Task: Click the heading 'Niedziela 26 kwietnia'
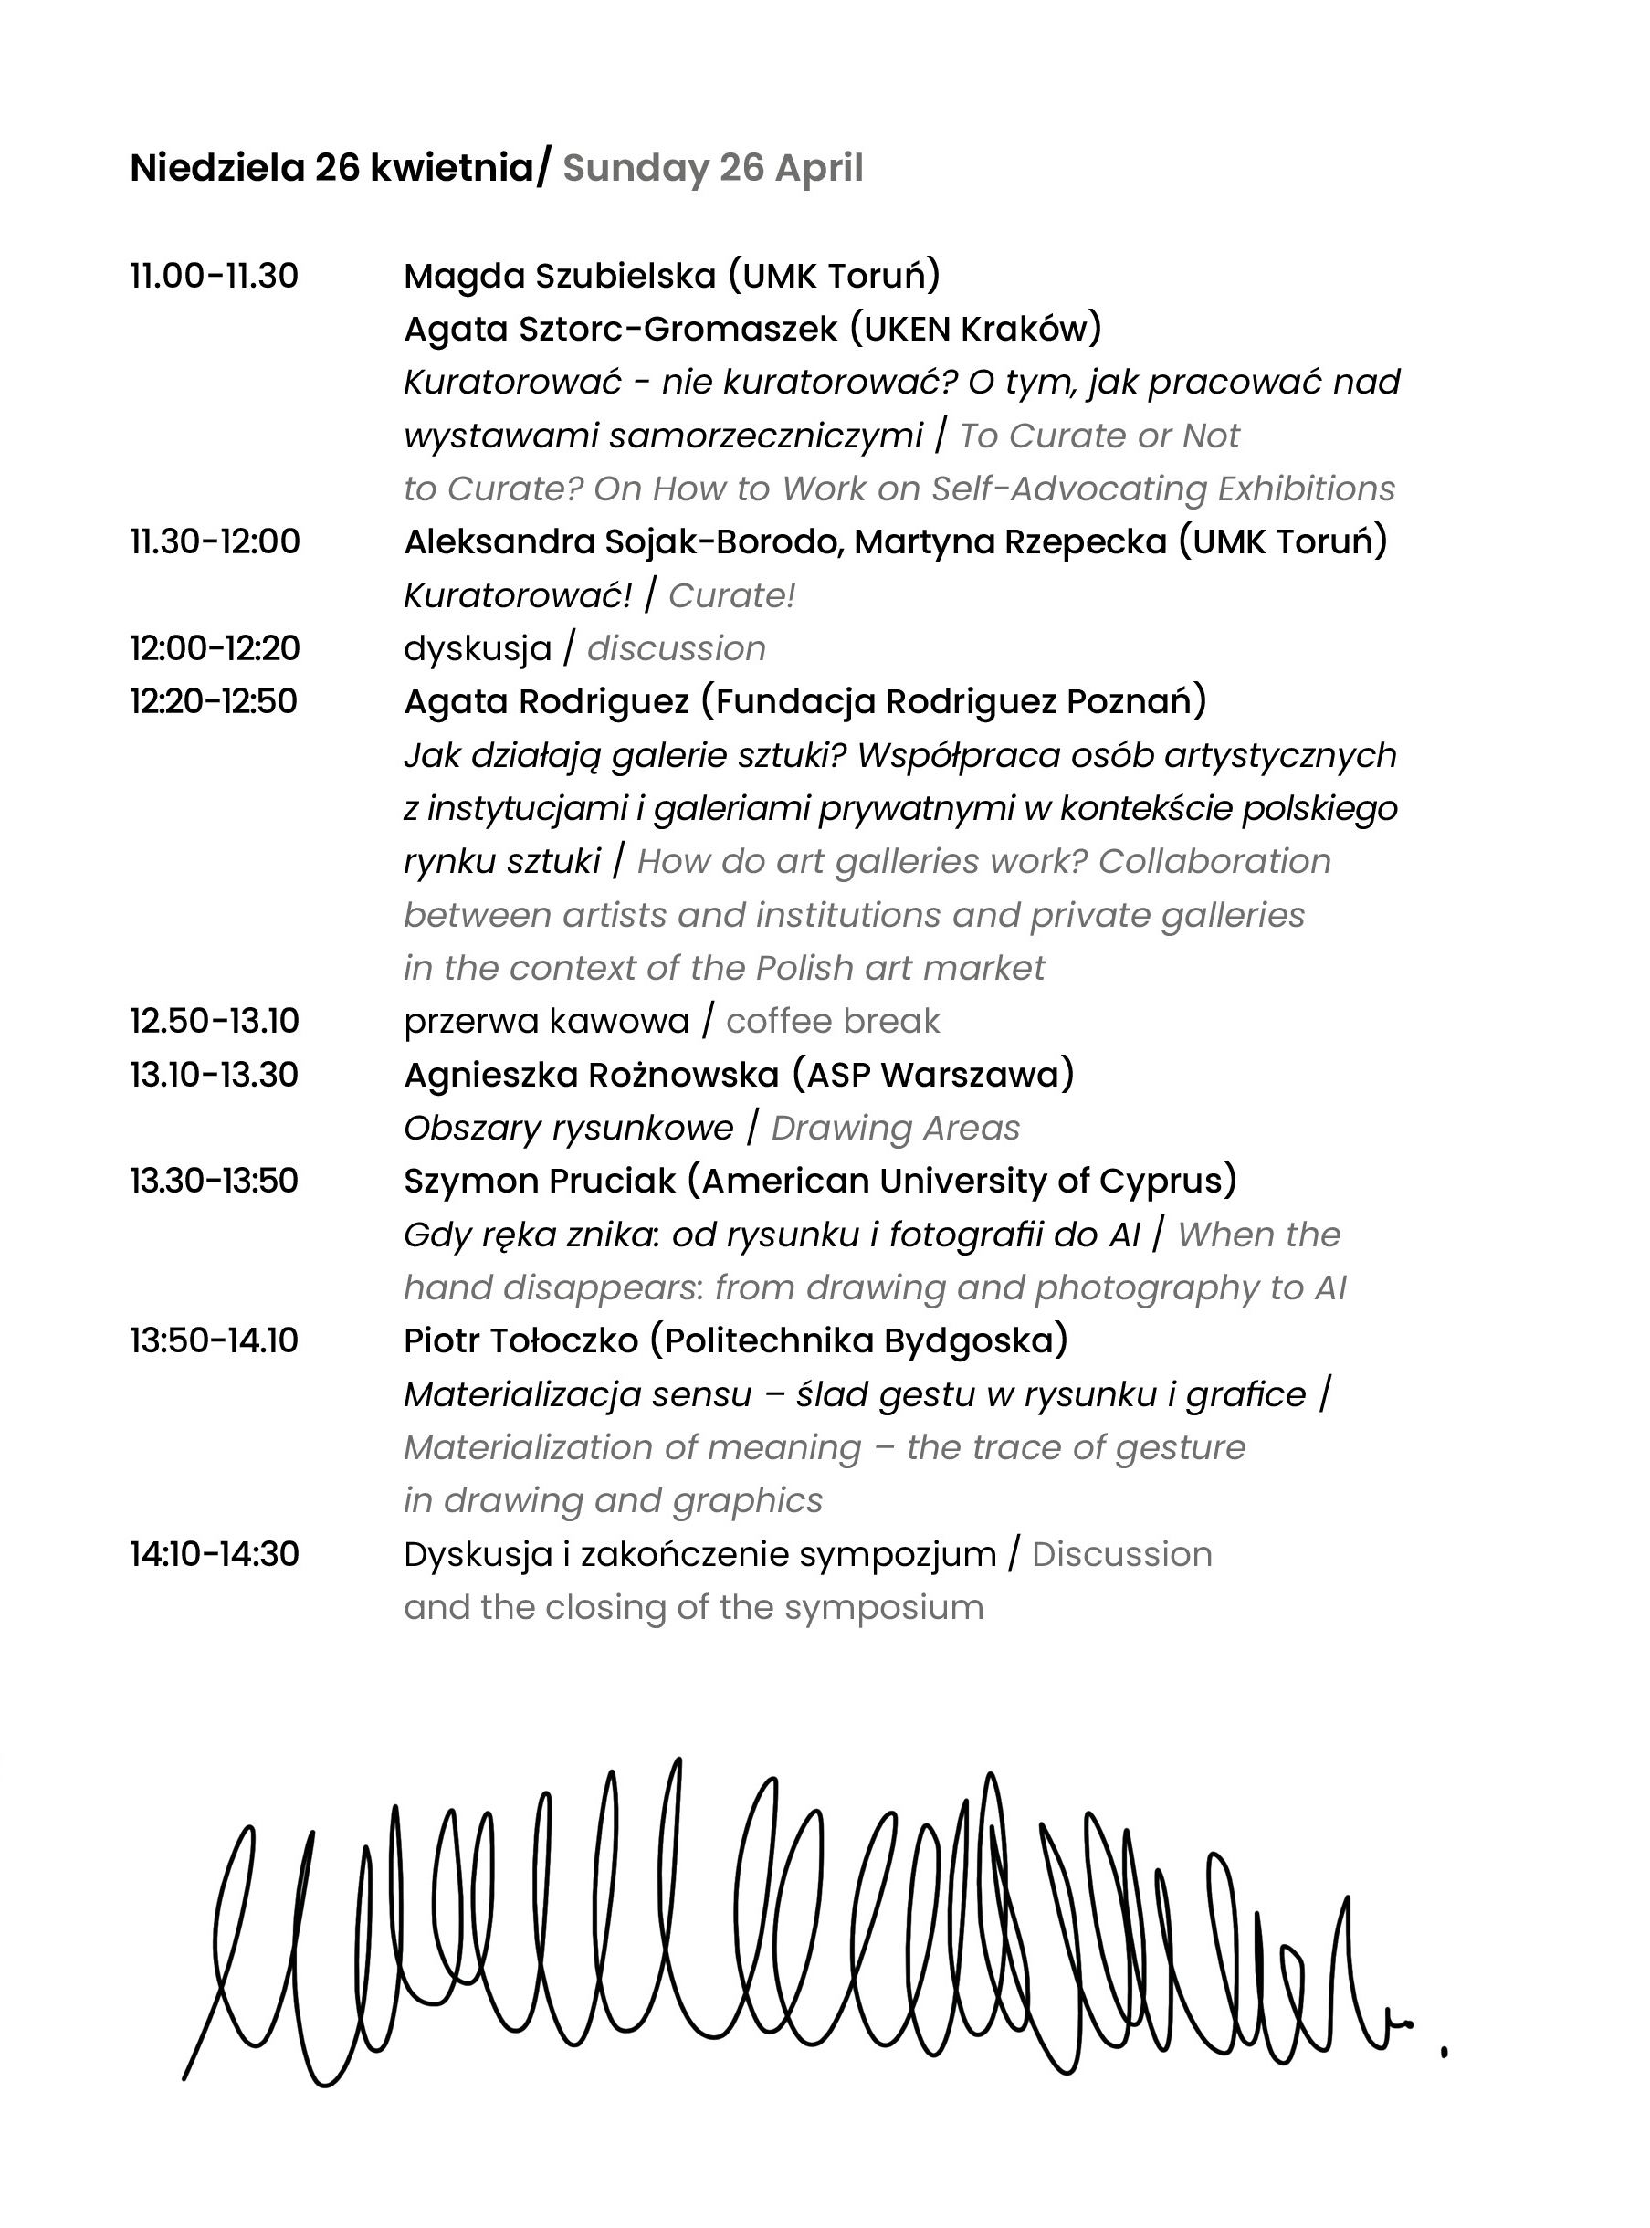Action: coord(332,168)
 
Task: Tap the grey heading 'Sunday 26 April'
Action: coord(713,168)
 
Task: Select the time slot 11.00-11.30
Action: coord(214,276)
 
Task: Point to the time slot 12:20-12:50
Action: coord(214,701)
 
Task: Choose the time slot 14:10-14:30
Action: coord(214,1554)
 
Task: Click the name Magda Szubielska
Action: coord(561,276)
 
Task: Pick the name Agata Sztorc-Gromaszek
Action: coord(620,329)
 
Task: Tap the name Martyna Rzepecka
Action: coord(1011,541)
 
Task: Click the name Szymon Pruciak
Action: coord(541,1181)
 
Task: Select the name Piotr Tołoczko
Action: coord(520,1340)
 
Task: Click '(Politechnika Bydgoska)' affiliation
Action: coord(859,1340)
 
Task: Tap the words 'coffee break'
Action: coord(833,1021)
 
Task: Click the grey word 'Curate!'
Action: coord(732,595)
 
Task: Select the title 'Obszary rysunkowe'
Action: coord(568,1128)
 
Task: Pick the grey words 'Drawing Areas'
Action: coord(896,1128)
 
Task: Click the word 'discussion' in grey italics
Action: coord(677,648)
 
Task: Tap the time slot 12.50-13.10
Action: coord(214,1021)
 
